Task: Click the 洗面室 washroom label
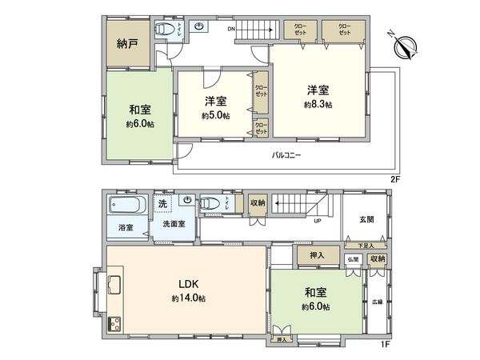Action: click(x=174, y=224)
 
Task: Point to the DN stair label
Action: click(x=231, y=30)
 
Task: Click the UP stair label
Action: click(x=318, y=221)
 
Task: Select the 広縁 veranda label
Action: click(x=377, y=302)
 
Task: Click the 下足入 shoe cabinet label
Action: click(x=365, y=244)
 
